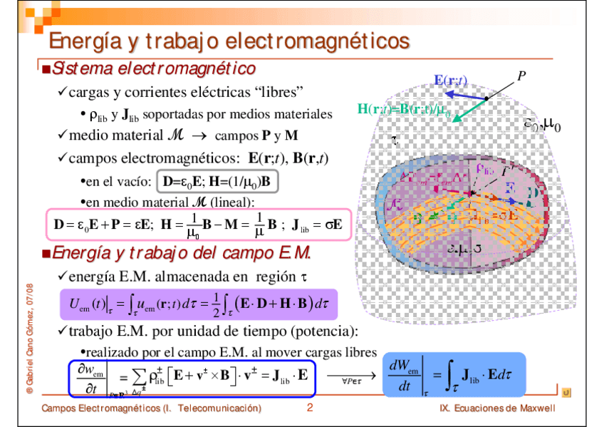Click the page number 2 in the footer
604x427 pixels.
(310, 408)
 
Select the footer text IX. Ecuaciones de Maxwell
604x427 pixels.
(497, 408)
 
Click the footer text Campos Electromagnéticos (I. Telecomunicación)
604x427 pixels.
(151, 408)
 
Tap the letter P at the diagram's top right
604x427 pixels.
(521, 75)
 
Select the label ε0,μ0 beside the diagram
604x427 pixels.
(543, 126)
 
